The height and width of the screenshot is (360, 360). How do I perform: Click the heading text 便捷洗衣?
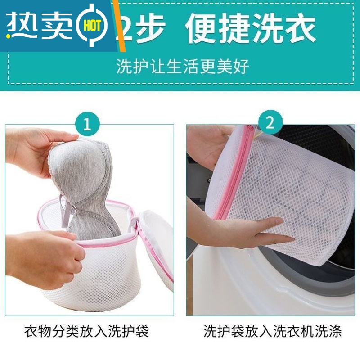[250, 28]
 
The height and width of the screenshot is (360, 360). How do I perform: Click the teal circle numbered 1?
[87, 123]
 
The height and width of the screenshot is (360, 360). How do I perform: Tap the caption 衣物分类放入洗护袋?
[86, 332]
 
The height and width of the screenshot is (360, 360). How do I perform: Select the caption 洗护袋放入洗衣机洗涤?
[273, 332]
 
